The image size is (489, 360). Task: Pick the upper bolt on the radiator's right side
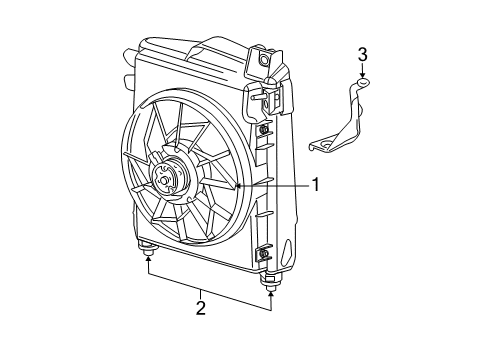coord(262,132)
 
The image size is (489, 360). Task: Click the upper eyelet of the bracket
coord(363,83)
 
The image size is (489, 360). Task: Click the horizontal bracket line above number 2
coord(210,284)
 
